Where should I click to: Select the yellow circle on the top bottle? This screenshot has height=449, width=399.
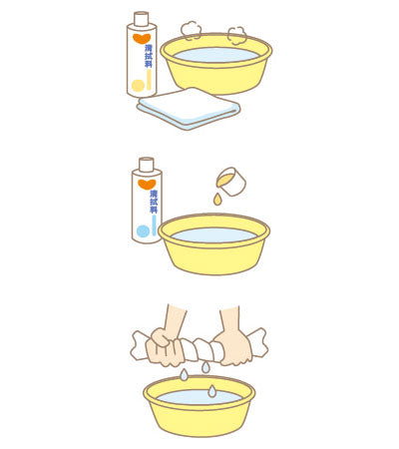click(137, 86)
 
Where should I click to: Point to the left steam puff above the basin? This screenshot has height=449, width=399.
click(190, 30)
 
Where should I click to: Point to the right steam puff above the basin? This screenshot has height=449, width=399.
click(236, 34)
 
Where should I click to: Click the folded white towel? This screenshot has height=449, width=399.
click(189, 107)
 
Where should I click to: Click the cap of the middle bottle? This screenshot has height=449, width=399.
click(146, 164)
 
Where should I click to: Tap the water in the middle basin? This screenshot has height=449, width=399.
click(214, 235)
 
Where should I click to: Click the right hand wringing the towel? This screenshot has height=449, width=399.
click(235, 344)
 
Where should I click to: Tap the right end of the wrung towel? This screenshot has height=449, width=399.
click(257, 340)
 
